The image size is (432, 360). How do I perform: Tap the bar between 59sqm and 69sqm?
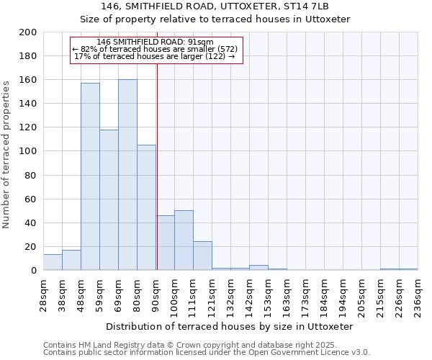(x=109, y=200)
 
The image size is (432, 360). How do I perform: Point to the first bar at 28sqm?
(x=53, y=262)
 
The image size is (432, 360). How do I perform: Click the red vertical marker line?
(x=157, y=180)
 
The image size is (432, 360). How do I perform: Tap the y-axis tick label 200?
(x=28, y=32)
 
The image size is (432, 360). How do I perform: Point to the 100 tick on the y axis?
(x=28, y=151)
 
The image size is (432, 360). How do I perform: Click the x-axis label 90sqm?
(x=156, y=292)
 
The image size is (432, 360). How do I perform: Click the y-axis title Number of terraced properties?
(x=7, y=154)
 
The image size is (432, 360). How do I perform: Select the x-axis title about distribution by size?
(x=230, y=327)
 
